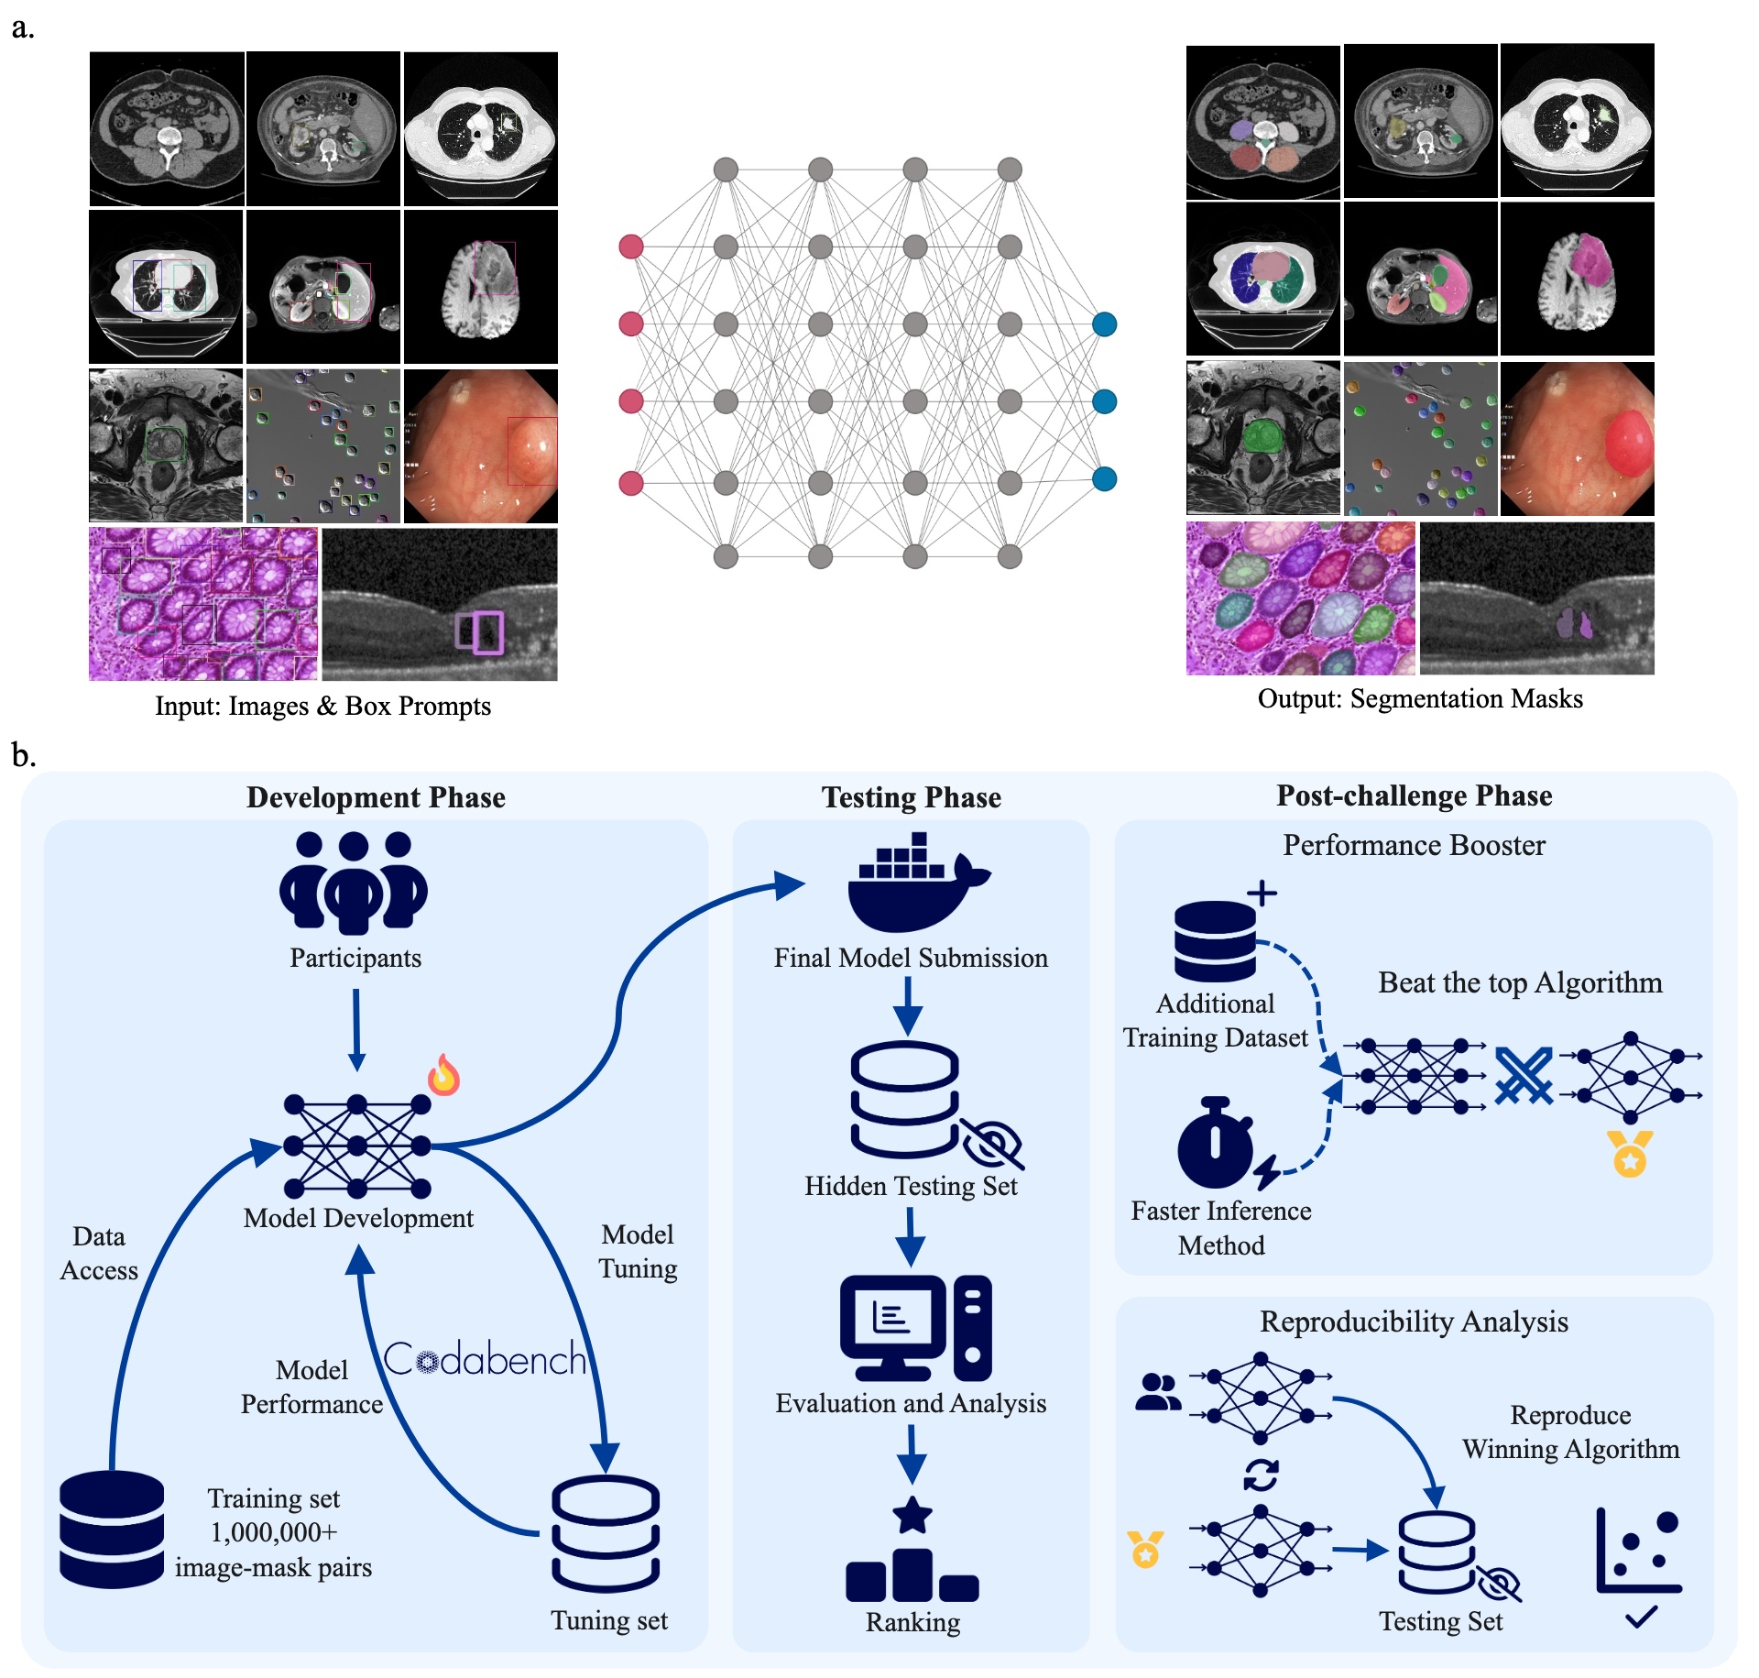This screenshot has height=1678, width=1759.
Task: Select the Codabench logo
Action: click(485, 1358)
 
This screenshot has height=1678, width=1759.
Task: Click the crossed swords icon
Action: click(1524, 1075)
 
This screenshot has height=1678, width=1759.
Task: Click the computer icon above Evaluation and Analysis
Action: click(915, 1327)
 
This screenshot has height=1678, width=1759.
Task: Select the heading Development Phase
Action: click(376, 797)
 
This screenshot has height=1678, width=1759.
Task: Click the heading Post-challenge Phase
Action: click(1414, 795)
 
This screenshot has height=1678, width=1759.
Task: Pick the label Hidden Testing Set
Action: click(911, 1186)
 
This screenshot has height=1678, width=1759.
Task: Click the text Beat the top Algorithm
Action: click(1520, 982)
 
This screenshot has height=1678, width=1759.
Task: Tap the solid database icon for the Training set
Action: click(112, 1529)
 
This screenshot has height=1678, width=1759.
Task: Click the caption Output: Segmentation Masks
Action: click(1419, 699)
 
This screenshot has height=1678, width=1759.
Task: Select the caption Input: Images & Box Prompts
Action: click(322, 706)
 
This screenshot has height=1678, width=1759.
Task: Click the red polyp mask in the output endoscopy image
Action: click(1627, 442)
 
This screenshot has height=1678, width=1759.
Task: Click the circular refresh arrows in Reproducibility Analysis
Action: click(1261, 1475)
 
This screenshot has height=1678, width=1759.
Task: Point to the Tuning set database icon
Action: click(606, 1533)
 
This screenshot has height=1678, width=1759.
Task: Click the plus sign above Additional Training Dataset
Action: click(1262, 893)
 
